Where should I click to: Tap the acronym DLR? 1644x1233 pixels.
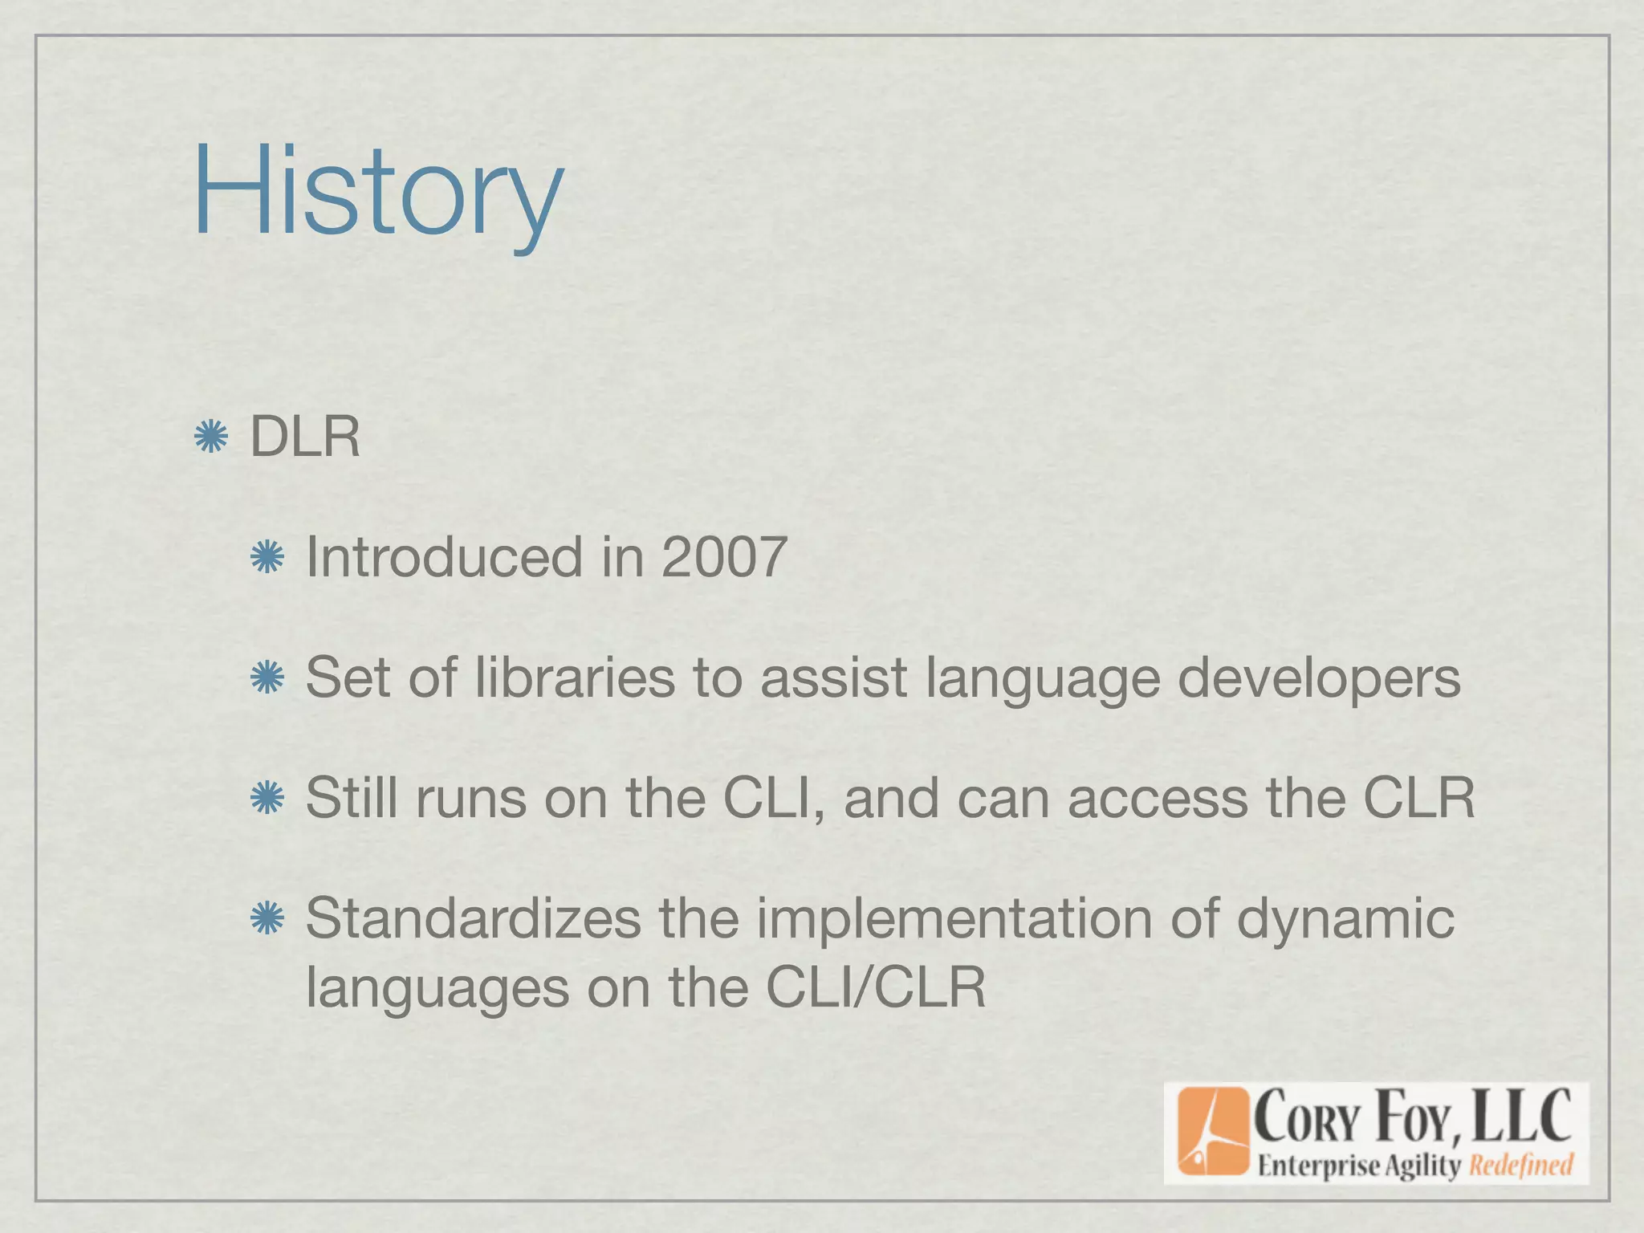pos(305,437)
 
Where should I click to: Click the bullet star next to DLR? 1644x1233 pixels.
pos(211,437)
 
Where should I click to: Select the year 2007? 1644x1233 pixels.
pos(723,557)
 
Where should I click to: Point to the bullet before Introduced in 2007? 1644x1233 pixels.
pos(267,558)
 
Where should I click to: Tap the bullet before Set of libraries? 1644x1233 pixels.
pos(267,678)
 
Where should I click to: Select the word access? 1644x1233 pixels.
pos(1157,800)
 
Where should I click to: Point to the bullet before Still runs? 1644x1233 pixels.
pos(267,799)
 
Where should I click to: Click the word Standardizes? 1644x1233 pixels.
pos(473,918)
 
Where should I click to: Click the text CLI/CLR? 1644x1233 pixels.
pos(875,987)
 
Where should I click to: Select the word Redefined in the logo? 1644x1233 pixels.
pos(1520,1165)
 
